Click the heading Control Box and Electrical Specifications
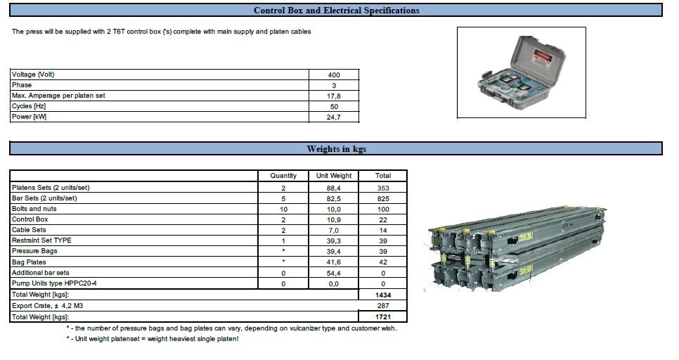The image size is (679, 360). coord(336,11)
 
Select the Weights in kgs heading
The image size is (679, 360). coord(337,149)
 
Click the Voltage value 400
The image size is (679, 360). coord(334,75)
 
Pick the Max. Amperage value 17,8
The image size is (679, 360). coord(333,96)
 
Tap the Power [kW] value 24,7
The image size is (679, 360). coord(333,117)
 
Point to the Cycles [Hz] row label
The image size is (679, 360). coord(29,106)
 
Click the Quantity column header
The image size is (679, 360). coord(283,176)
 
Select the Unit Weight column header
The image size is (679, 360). coord(334,176)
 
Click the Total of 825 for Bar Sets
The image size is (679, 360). coord(383,199)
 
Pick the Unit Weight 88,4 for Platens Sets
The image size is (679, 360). coord(333,188)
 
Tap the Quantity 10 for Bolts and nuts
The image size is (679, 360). coord(283,210)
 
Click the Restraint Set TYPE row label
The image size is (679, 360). coord(41,240)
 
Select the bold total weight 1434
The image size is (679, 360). coord(383,295)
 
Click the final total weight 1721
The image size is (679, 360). coord(383,317)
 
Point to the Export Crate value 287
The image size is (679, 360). coord(383,306)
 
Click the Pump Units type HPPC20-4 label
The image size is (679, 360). coord(54,283)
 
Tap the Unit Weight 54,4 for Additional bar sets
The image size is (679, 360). coord(333,274)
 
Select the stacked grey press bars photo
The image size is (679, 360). coord(515,249)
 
